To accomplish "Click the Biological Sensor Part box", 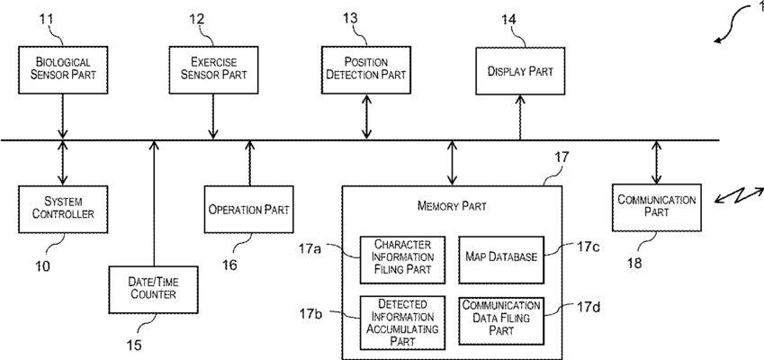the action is [x=63, y=70].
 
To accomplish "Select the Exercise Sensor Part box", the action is [x=213, y=70].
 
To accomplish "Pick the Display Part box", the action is [x=520, y=71].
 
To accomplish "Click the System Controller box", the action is [x=63, y=209].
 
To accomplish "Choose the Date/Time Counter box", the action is [x=154, y=290].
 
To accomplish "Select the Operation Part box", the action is [x=249, y=210].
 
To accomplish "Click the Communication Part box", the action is [x=657, y=208].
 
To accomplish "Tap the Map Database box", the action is [x=501, y=259].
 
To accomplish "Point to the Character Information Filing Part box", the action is [x=402, y=259].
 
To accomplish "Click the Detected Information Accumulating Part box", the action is [x=402, y=322].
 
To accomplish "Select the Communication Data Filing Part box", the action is [x=501, y=320].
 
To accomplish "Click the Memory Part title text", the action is [x=452, y=206].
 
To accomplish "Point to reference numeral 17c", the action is [x=589, y=247].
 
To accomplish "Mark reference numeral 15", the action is [x=133, y=345].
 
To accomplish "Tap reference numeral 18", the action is [x=634, y=264].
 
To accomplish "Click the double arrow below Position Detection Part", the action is [x=367, y=117].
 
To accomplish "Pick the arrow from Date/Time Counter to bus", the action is [x=154, y=203].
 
